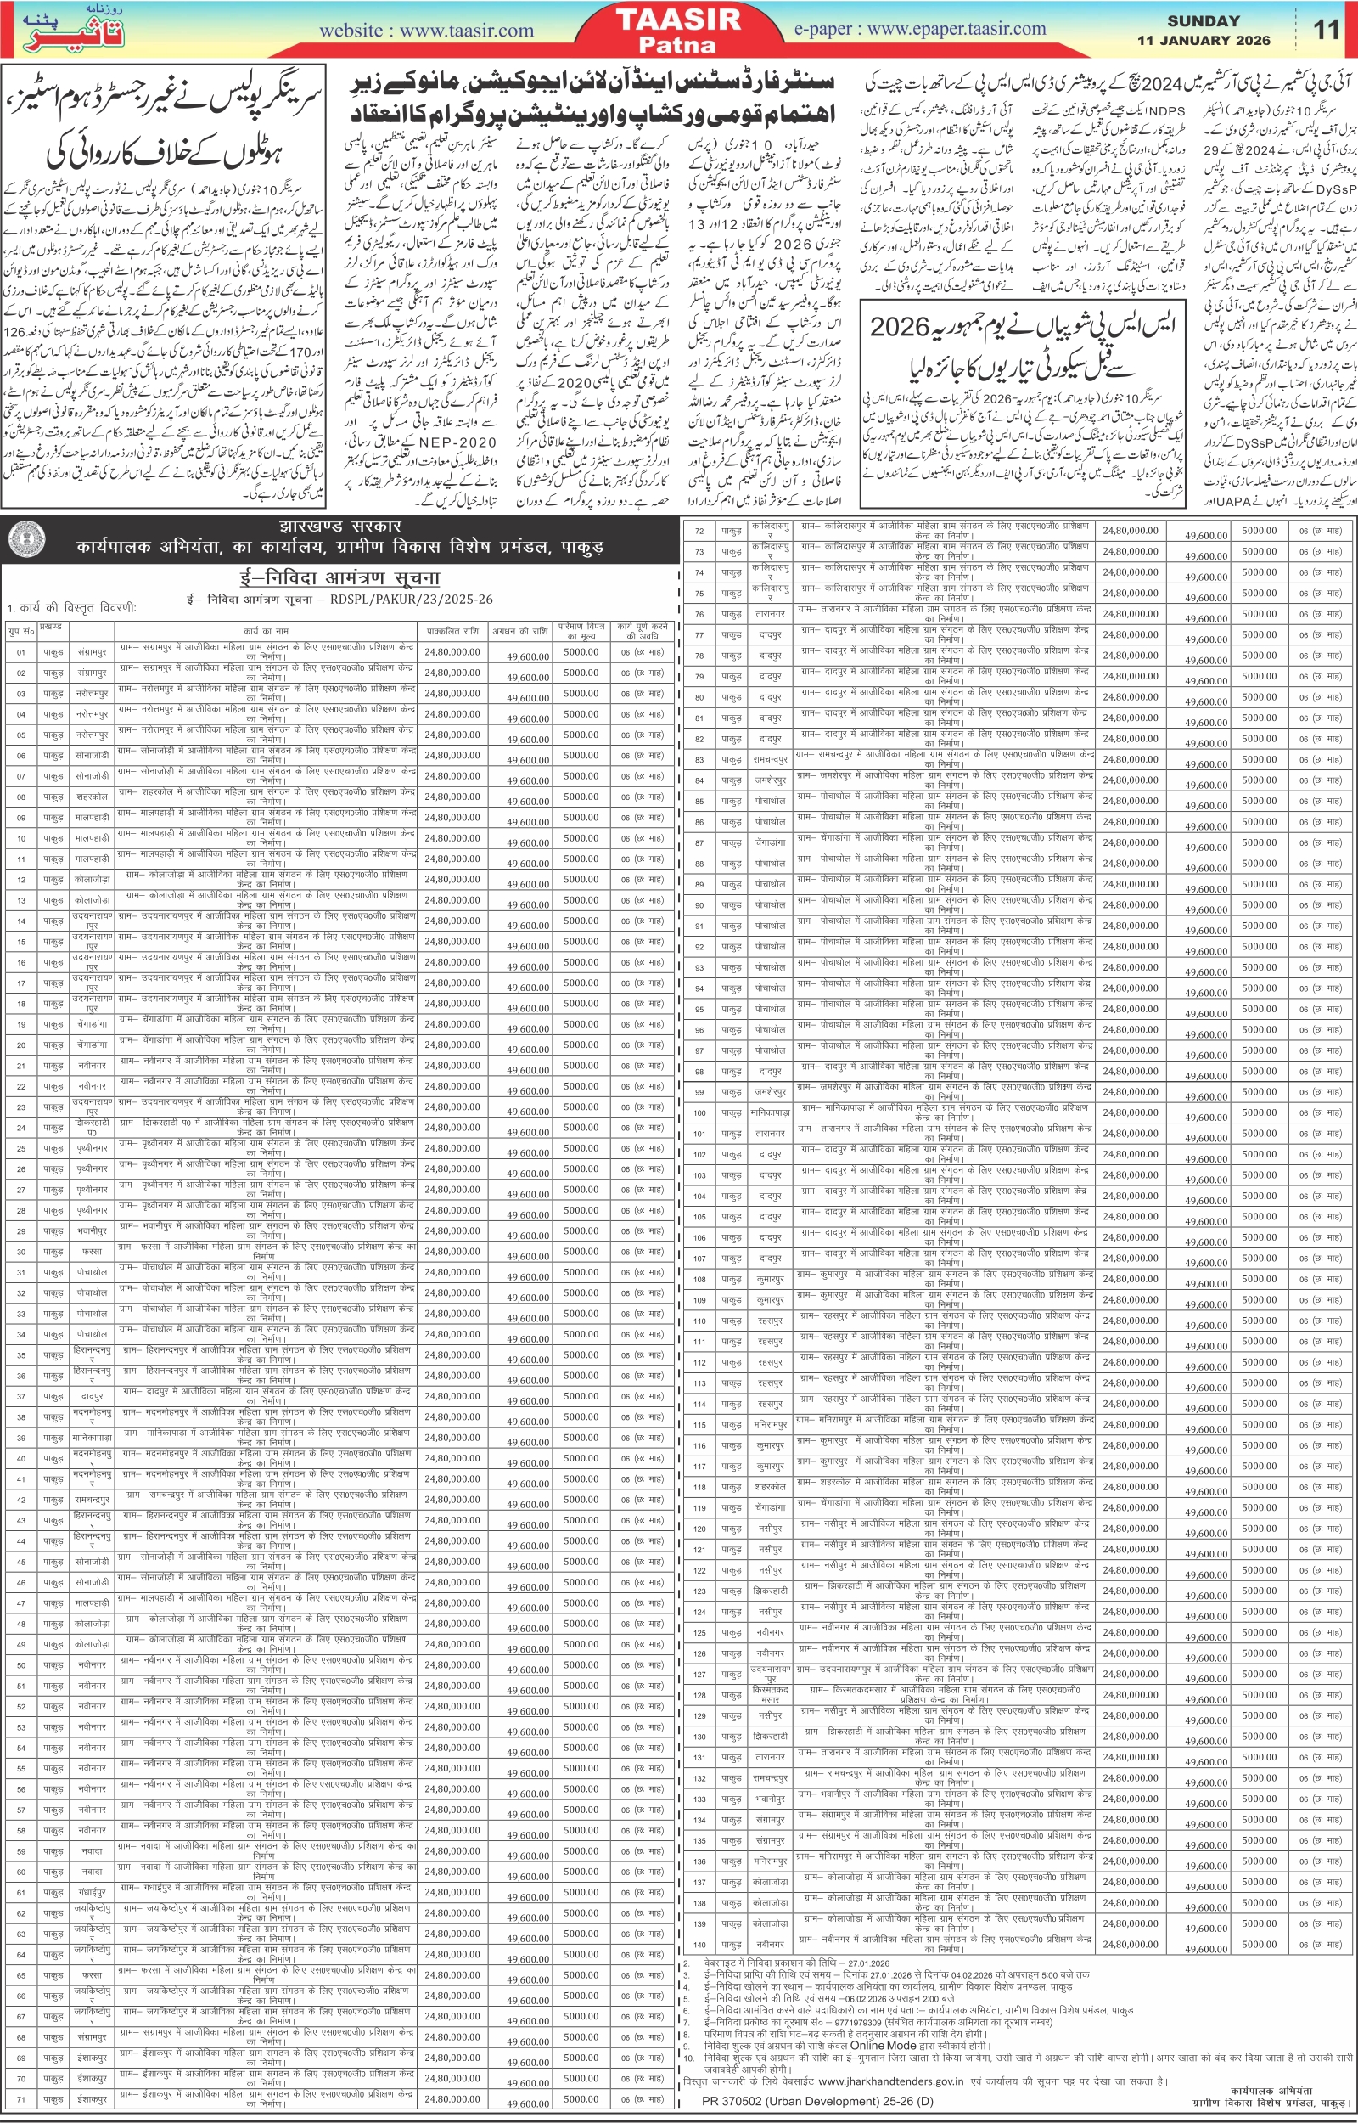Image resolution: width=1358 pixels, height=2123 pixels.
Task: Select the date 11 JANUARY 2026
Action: pyautogui.click(x=1203, y=41)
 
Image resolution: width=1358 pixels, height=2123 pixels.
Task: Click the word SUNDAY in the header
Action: pyautogui.click(x=1203, y=21)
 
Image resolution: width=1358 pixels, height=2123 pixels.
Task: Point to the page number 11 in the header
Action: pyautogui.click(x=1326, y=30)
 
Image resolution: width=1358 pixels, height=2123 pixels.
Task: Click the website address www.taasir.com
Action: pyautogui.click(x=426, y=31)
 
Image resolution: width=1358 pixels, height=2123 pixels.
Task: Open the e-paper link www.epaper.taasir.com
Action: pyautogui.click(x=920, y=29)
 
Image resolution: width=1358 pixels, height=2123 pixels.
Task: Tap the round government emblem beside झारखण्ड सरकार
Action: pyautogui.click(x=26, y=539)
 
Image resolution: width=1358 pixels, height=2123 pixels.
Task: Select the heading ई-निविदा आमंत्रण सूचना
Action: pyautogui.click(x=339, y=578)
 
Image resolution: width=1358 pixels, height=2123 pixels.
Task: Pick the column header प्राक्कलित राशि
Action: pyautogui.click(x=452, y=631)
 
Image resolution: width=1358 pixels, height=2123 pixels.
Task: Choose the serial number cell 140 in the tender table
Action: pyautogui.click(x=699, y=1944)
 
